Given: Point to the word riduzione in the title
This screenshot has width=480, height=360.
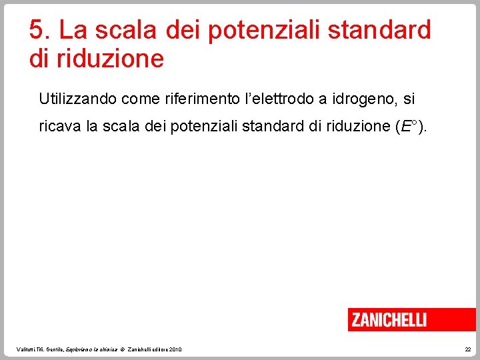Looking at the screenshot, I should pyautogui.click(x=110, y=59).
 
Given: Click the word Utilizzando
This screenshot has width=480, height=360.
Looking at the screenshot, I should pyautogui.click(x=77, y=99).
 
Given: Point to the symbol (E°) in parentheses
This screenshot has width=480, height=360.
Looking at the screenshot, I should pyautogui.click(x=413, y=127).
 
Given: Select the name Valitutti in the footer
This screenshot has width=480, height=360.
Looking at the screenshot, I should pyautogui.click(x=25, y=349).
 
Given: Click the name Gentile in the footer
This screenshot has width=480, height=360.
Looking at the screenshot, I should pyautogui.click(x=55, y=349).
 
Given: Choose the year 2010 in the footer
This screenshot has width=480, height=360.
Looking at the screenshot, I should pyautogui.click(x=175, y=349).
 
